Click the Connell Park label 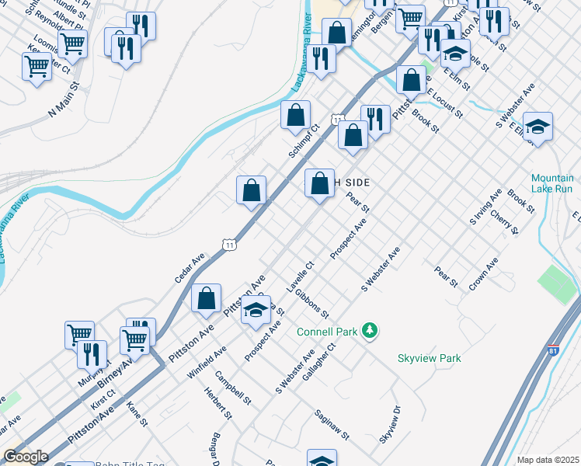327,332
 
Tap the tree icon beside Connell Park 371,332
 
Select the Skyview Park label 429,358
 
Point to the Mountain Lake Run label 553,183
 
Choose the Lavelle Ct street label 300,277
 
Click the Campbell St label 234,388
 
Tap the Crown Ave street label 482,275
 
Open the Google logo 25,457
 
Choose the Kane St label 137,414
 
